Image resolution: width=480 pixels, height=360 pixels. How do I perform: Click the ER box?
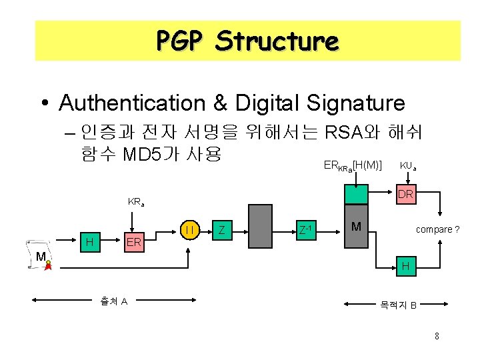click(x=133, y=242)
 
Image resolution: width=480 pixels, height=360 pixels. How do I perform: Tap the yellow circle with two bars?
click(x=190, y=230)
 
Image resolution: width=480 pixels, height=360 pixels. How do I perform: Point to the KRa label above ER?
click(x=136, y=201)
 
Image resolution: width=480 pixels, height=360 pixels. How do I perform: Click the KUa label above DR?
click(x=408, y=165)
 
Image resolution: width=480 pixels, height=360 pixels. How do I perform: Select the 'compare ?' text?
click(x=437, y=229)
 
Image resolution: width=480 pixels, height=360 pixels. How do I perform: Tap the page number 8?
click(x=436, y=336)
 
